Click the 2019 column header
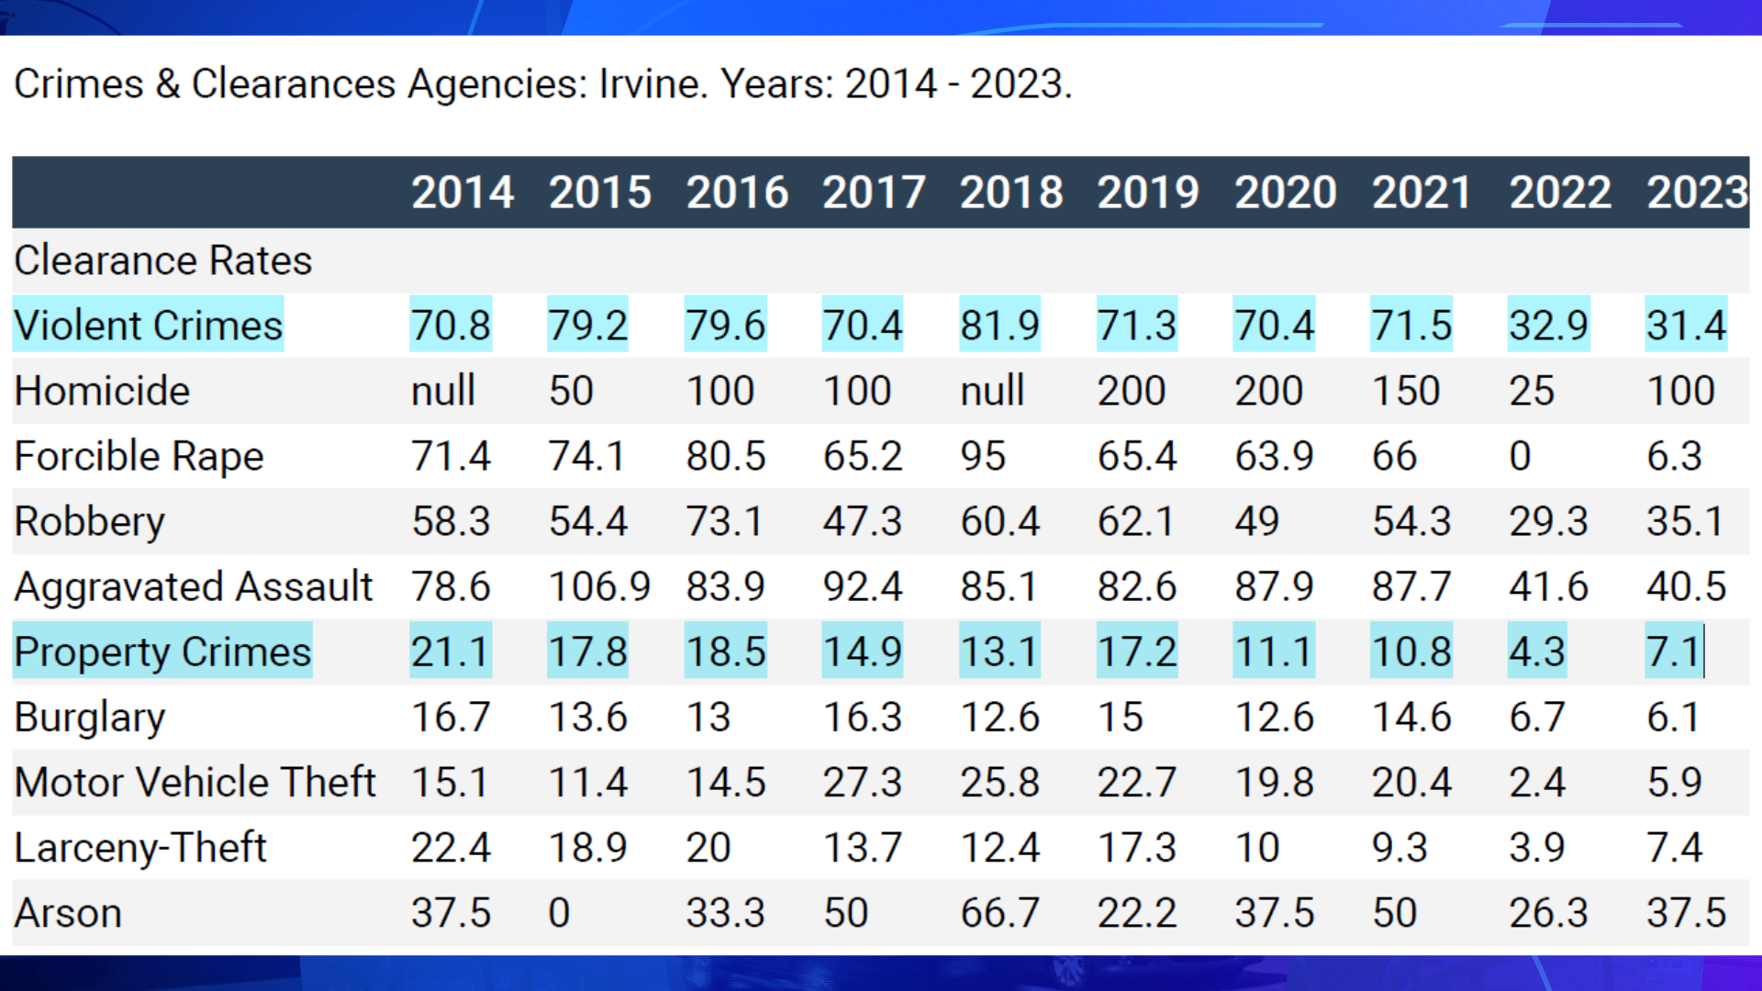point(1148,193)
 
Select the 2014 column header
point(462,193)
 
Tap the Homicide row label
point(102,391)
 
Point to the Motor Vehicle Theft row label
point(195,783)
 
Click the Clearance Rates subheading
point(163,261)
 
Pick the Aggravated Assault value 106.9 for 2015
point(598,586)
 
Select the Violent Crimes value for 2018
point(999,325)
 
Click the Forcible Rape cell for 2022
point(1520,456)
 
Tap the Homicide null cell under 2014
point(442,391)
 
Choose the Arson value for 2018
point(999,913)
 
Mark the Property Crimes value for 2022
point(1536,651)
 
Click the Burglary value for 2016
point(708,717)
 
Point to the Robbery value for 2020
point(1256,521)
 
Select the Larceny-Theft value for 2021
point(1400,847)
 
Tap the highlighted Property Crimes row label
point(162,651)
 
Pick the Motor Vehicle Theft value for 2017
point(862,783)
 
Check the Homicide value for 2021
point(1405,391)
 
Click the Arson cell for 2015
point(559,913)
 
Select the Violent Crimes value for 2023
point(1686,325)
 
